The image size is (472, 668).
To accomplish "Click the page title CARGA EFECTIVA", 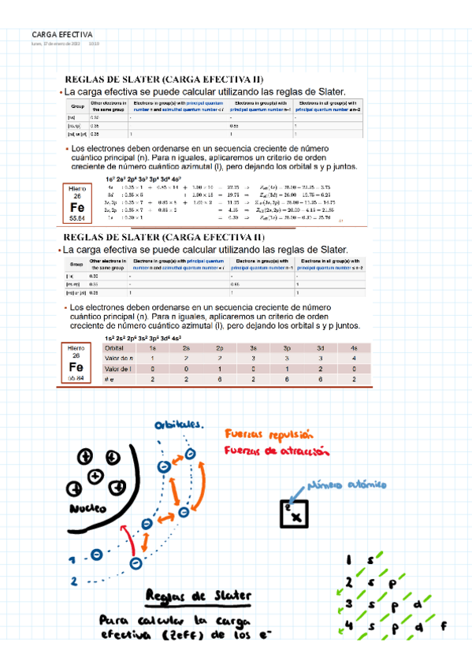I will [x=62, y=35].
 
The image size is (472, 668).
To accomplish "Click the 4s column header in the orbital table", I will [x=354, y=347].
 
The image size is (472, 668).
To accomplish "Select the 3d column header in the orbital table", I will [x=321, y=347].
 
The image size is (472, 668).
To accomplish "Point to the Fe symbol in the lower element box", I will [x=76, y=367].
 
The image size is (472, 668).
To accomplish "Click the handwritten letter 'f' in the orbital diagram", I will [x=443, y=627].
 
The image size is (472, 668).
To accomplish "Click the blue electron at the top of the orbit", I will [x=191, y=455].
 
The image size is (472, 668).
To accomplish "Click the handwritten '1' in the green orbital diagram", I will [x=348, y=561].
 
